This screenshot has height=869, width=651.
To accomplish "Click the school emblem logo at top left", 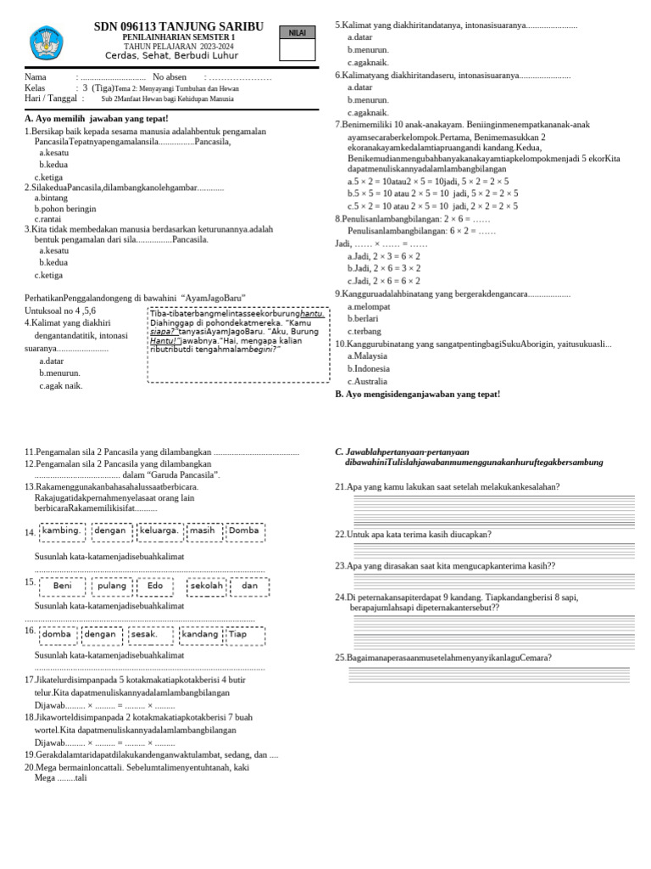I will pyautogui.click(x=46, y=42).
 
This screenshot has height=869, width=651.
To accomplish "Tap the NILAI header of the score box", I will pyautogui.click(x=297, y=32).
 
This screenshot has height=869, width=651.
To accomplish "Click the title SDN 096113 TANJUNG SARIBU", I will pyautogui.click(x=178, y=27).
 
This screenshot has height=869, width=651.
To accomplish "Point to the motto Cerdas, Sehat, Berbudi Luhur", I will pyautogui.click(x=178, y=56).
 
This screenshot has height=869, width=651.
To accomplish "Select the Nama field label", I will pyautogui.click(x=36, y=77).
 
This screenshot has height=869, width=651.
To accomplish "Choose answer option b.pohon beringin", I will pyautogui.click(x=64, y=208).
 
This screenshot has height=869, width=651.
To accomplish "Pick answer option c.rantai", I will pyautogui.click(x=47, y=219).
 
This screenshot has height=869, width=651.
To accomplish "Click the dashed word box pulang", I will pyautogui.click(x=112, y=586).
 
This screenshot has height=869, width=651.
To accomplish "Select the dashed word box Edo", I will pyautogui.click(x=154, y=586).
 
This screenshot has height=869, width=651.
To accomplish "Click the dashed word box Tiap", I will pyautogui.click(x=244, y=634).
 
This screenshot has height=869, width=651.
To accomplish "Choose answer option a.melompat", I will pyautogui.click(x=370, y=306).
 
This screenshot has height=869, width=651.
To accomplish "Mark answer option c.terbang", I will pyautogui.click(x=364, y=331).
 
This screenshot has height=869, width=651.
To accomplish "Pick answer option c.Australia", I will pyautogui.click(x=369, y=382).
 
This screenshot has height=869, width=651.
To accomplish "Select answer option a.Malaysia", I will pyautogui.click(x=367, y=356).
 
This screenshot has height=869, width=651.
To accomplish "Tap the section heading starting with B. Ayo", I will pyautogui.click(x=417, y=395).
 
